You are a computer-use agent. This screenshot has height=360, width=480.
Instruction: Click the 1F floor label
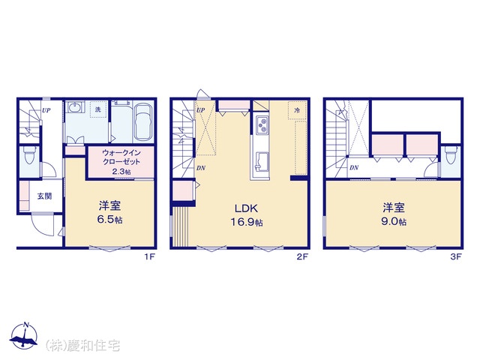tap(150, 256)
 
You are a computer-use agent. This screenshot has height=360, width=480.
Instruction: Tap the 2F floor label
tap(301, 256)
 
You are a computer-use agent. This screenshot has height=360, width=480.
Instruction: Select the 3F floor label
tap(455, 256)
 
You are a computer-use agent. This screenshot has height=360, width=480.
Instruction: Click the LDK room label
tap(246, 208)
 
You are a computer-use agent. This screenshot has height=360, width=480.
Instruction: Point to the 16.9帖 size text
tap(247, 222)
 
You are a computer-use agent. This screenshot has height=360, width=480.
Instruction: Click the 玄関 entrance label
tap(44, 196)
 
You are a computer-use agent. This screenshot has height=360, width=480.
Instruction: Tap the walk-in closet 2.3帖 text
tap(121, 172)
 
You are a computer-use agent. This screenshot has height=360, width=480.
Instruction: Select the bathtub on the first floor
tap(143, 121)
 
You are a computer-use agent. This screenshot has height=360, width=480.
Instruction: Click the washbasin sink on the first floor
tap(74, 108)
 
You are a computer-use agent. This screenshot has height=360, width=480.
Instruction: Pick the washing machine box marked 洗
tap(98, 109)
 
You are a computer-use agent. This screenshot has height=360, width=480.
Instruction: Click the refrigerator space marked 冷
tap(297, 110)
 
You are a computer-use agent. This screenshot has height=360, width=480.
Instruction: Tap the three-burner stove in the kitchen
tap(262, 125)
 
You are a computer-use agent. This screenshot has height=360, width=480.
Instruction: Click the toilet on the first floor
tap(30, 155)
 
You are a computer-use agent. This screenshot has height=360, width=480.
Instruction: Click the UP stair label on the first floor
tap(46, 110)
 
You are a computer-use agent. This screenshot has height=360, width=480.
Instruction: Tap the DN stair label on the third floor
tap(354, 168)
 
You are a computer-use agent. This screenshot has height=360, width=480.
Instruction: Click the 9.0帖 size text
tap(393, 221)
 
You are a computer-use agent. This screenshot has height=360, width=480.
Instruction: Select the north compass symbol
tap(24, 335)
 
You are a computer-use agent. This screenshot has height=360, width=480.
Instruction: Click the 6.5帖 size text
tap(109, 220)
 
